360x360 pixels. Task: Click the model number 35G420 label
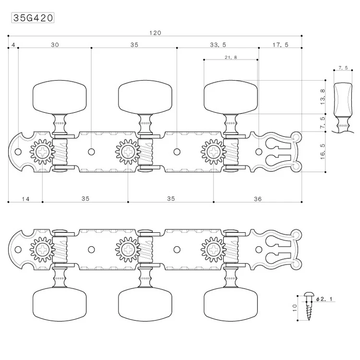click(32, 18)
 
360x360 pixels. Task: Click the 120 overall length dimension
click(155, 33)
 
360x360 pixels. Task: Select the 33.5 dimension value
click(217, 45)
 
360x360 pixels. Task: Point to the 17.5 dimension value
click(280, 45)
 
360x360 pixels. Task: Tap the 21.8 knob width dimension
click(230, 58)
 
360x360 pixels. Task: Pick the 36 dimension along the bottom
click(257, 199)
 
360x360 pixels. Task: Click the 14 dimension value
click(25, 199)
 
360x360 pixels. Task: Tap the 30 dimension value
click(55, 45)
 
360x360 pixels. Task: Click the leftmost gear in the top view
click(42, 152)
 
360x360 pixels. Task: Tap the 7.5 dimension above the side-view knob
click(343, 68)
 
